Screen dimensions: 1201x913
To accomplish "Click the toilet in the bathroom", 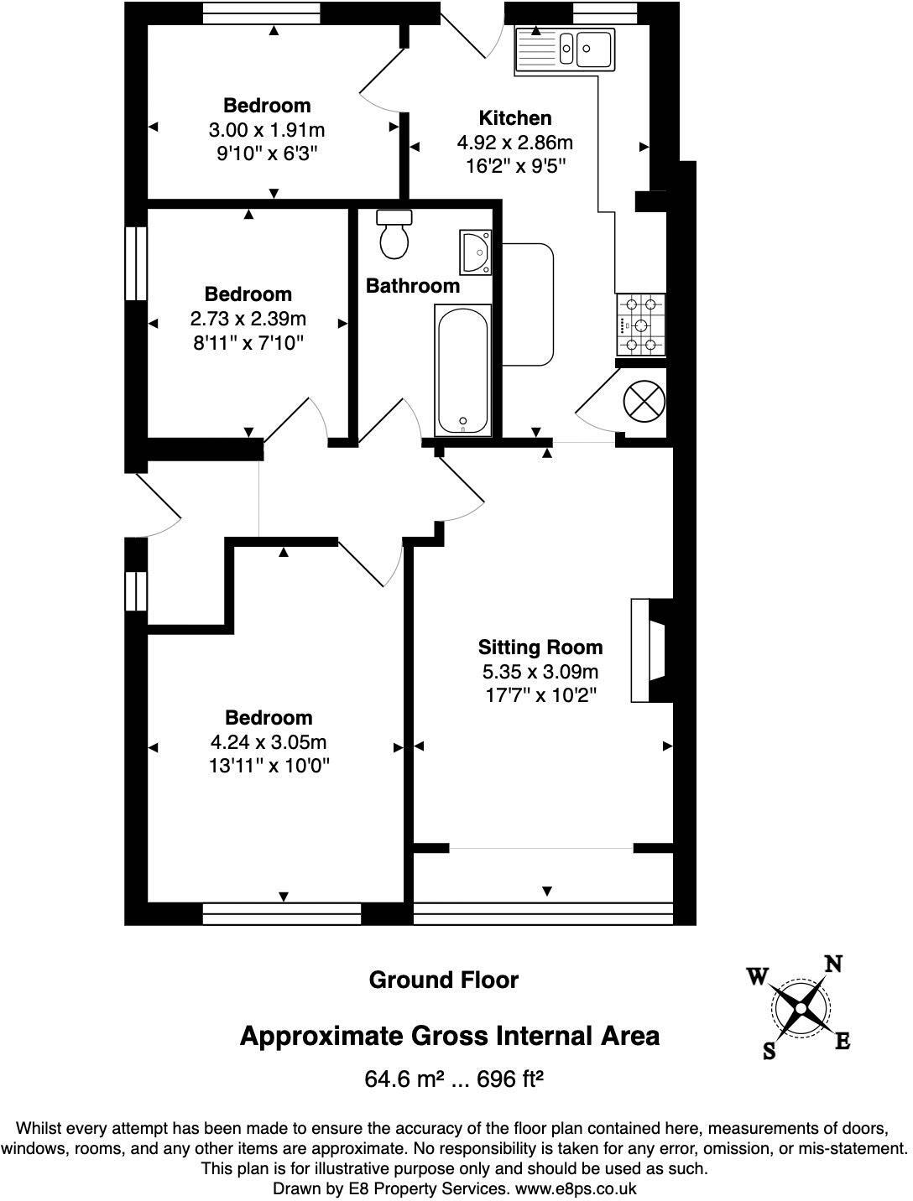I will tap(394, 234).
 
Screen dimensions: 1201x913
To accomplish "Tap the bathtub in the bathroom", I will tap(462, 369).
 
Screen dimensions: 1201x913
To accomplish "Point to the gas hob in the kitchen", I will tap(641, 325).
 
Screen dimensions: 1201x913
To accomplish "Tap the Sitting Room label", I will tap(540, 647).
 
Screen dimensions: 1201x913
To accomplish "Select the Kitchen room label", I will tap(515, 118).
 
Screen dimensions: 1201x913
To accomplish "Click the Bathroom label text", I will tap(413, 286).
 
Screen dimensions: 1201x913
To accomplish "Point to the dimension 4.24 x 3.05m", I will tap(269, 742).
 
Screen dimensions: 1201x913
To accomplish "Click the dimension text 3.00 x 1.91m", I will tap(267, 130).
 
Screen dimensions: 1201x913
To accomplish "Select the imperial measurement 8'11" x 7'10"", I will tap(248, 342).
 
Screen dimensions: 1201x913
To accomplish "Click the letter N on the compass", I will tap(833, 964).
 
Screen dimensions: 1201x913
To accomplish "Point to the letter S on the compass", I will tap(769, 1051).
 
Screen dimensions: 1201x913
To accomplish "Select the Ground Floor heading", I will tap(444, 980).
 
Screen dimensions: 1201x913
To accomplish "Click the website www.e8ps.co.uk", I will tap(576, 1188).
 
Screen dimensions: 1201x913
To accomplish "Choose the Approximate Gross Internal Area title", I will tap(450, 1036).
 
